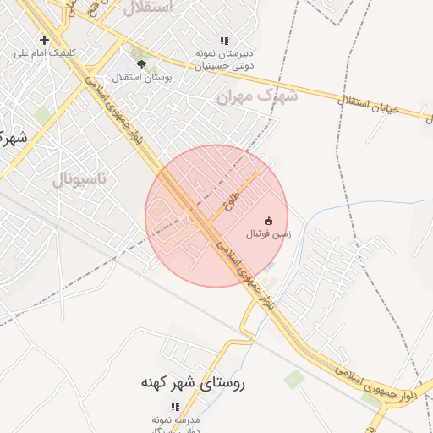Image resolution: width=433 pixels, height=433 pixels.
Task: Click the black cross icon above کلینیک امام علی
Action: (x=44, y=40)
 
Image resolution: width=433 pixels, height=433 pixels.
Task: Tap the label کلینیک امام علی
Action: (x=45, y=52)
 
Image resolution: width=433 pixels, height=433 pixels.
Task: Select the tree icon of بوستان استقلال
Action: (x=141, y=63)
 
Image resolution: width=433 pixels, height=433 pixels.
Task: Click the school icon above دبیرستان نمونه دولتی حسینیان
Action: (x=224, y=40)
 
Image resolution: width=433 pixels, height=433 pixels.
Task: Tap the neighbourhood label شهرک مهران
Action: (x=258, y=96)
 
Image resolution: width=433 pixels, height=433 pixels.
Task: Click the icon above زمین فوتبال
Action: (x=269, y=222)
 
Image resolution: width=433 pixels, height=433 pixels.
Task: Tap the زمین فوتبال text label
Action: (x=269, y=234)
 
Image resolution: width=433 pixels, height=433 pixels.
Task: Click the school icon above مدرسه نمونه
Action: (x=176, y=407)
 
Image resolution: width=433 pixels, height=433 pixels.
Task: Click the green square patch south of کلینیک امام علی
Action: (x=42, y=114)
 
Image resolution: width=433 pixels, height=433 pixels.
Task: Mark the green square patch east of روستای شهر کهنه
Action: (x=293, y=379)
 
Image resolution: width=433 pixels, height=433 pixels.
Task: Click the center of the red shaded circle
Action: (x=216, y=216)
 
